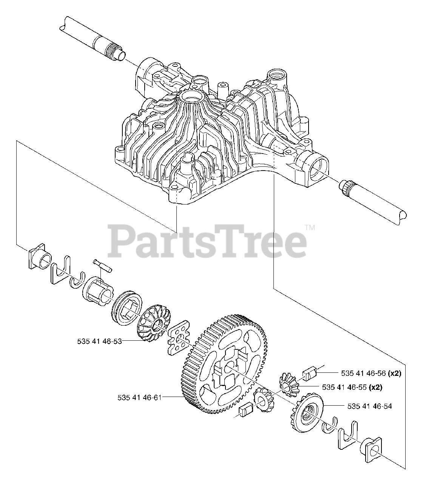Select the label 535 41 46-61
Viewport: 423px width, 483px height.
[139, 397]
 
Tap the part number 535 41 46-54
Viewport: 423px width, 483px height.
[369, 406]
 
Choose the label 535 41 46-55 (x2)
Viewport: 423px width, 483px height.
[355, 387]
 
